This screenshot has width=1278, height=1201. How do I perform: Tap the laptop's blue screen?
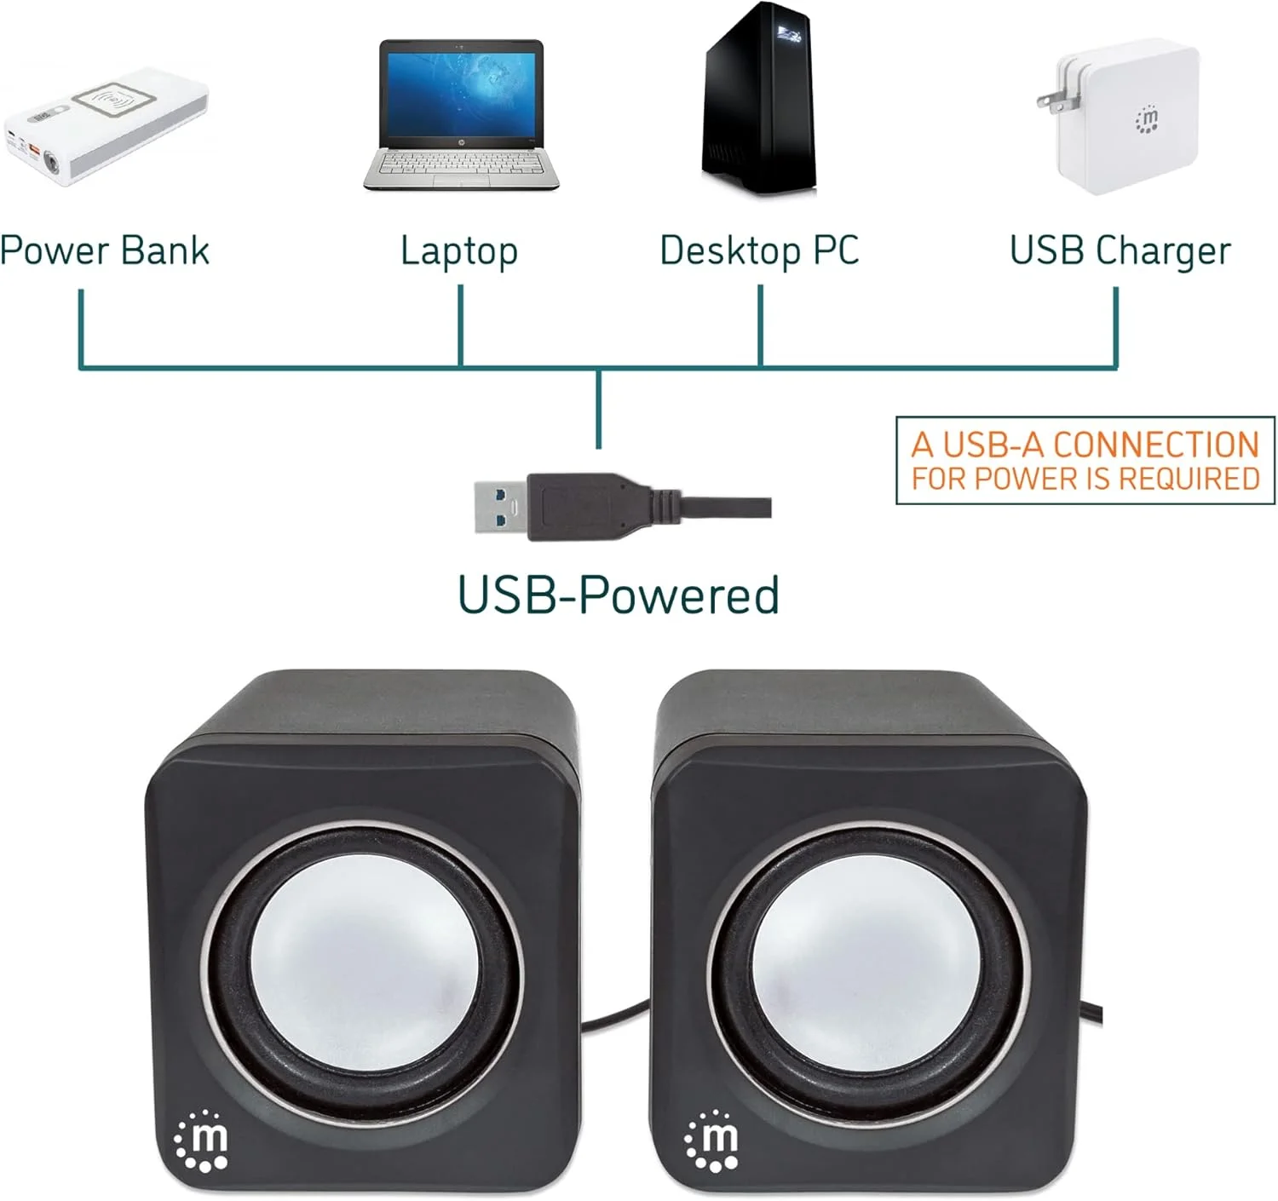click(461, 94)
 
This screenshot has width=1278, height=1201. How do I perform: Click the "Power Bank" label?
click(104, 250)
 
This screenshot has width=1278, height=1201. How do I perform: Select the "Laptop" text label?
click(459, 252)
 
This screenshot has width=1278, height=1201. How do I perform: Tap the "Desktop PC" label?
click(759, 250)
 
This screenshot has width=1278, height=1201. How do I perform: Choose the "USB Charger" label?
click(1120, 252)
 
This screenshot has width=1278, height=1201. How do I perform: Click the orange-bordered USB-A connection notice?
click(1085, 460)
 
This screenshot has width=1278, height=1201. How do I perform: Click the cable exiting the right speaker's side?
click(1093, 1014)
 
